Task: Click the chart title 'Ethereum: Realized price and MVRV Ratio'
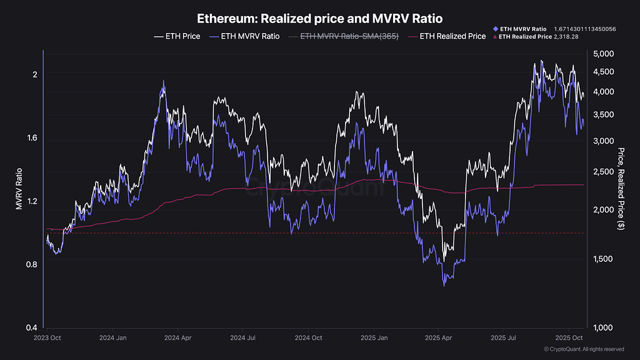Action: tap(319, 19)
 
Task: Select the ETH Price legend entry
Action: tap(177, 36)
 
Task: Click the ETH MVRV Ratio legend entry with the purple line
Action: tap(245, 36)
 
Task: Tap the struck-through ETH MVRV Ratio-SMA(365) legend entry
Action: tap(343, 36)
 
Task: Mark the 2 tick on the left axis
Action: tap(35, 74)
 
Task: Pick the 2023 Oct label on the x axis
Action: tap(47, 337)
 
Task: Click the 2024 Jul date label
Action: tap(243, 337)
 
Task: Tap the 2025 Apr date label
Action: tap(439, 337)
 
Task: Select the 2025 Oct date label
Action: tap(569, 337)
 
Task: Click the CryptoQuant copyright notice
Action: tap(584, 349)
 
